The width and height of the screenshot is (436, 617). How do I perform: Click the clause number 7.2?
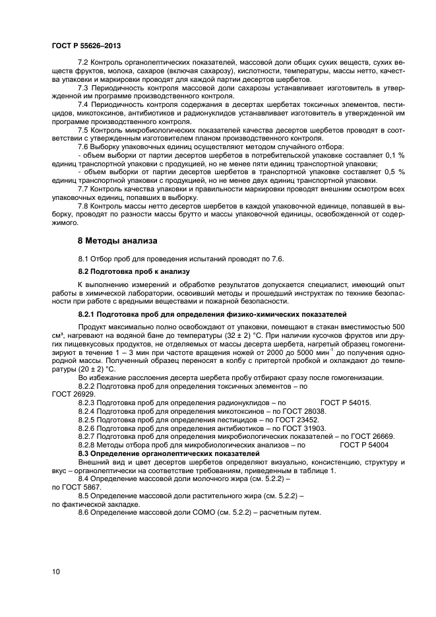click(84, 61)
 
